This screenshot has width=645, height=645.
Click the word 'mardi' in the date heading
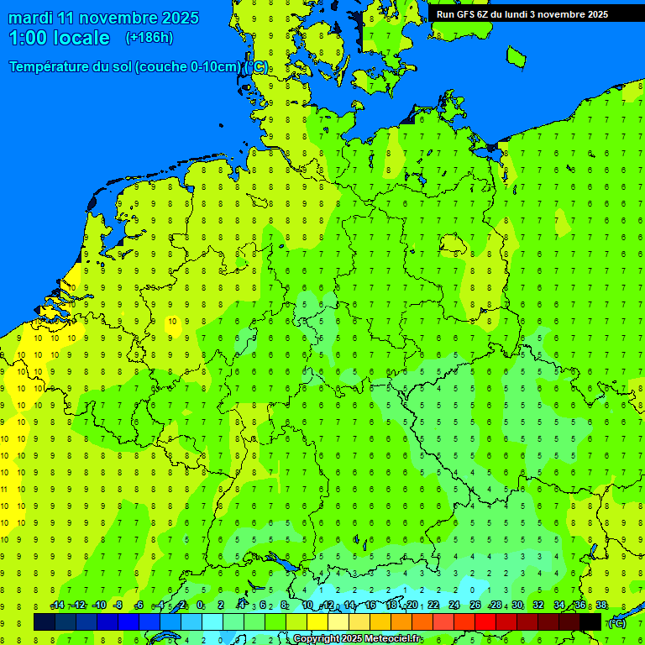[30, 18]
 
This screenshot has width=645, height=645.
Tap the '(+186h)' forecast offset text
[149, 37]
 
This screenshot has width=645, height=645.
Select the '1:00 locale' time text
[59, 38]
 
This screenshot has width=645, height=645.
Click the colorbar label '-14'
[57, 606]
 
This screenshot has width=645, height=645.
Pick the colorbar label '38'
[601, 606]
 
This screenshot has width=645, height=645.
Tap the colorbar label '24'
[454, 606]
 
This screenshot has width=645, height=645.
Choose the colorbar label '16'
[370, 606]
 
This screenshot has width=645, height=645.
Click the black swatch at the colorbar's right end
[590, 622]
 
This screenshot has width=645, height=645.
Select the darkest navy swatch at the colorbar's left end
[45, 622]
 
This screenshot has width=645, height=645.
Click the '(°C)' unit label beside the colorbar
[617, 622]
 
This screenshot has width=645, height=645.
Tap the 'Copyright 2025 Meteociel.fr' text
[358, 639]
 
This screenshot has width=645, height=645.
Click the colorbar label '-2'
[181, 606]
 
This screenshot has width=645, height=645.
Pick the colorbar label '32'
[538, 606]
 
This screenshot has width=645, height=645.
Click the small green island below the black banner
[516, 56]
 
